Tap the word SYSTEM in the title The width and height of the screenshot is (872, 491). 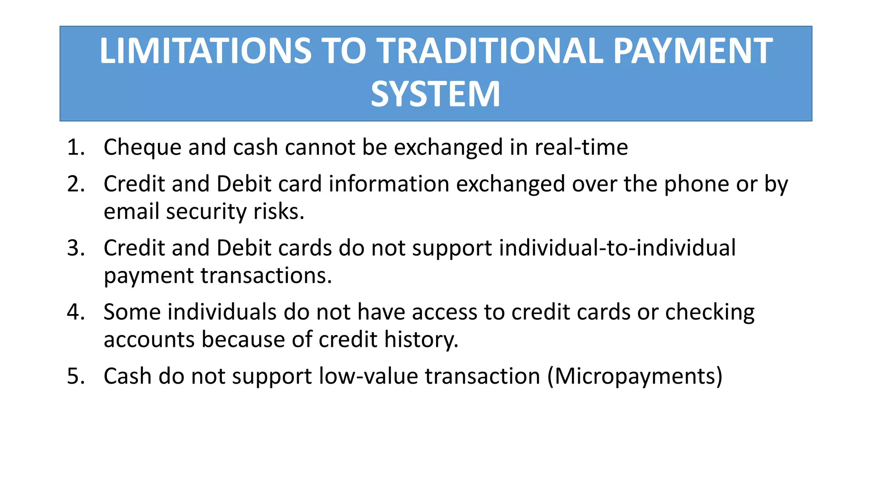click(x=435, y=94)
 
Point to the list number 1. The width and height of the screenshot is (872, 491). click(x=75, y=147)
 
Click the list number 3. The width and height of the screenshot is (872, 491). click(x=75, y=248)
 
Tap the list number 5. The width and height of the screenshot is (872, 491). click(x=75, y=376)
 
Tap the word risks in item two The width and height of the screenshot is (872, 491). click(x=278, y=211)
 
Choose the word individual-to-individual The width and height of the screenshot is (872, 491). click(x=617, y=248)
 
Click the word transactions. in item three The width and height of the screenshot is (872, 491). click(x=266, y=276)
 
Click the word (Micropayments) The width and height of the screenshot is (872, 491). click(x=635, y=377)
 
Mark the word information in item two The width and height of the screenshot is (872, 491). click(x=389, y=184)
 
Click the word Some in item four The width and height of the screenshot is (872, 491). click(x=132, y=312)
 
